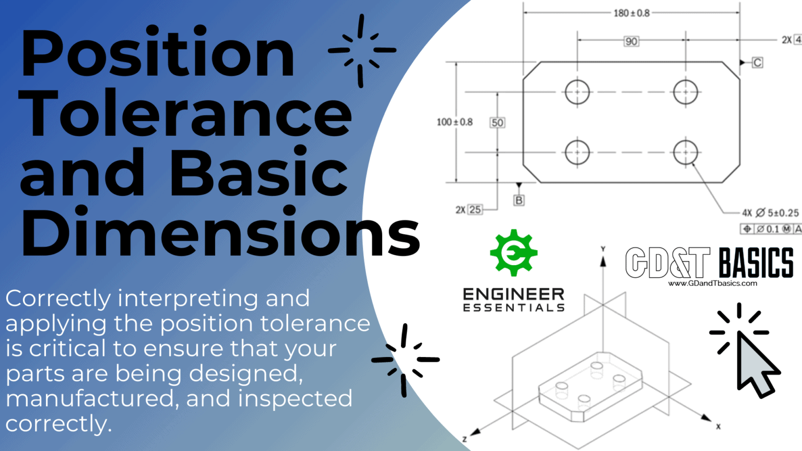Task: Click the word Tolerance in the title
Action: (186, 114)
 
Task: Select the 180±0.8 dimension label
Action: (631, 13)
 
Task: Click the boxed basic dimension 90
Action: (631, 41)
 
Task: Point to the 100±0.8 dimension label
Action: (454, 122)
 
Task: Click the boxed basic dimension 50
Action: (497, 123)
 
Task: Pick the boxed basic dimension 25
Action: (475, 209)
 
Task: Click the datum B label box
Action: (518, 200)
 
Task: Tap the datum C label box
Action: (757, 63)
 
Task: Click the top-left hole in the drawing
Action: (577, 92)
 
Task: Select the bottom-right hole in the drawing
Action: (685, 152)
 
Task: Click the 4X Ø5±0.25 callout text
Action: (770, 213)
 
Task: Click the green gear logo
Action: (513, 253)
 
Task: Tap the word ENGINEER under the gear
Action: (513, 294)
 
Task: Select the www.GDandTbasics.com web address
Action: (712, 283)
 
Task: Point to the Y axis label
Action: (603, 249)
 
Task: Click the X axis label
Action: (718, 426)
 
